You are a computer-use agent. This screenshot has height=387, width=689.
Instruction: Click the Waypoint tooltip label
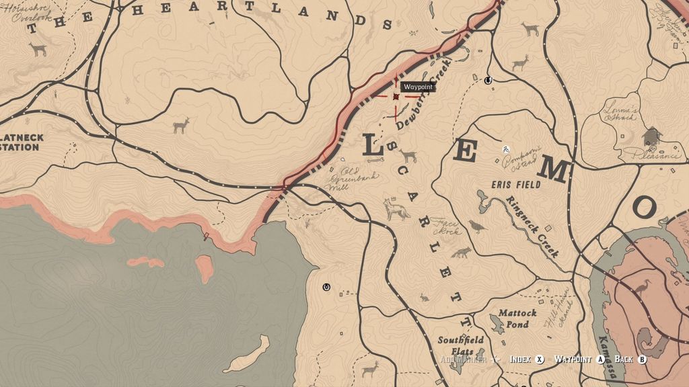417,87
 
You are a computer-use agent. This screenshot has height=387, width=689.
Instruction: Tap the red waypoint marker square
396,97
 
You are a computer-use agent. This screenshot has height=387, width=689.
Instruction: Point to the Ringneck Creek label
534,226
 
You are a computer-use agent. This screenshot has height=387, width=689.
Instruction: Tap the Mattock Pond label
517,318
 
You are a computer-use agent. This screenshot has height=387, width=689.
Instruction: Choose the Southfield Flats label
460,345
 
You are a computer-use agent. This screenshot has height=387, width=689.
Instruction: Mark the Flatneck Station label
20,142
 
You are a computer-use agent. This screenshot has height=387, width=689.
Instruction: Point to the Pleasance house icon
651,136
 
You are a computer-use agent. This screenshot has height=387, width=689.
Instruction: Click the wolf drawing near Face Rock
397,210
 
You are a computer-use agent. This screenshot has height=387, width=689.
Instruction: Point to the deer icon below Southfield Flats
369,369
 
